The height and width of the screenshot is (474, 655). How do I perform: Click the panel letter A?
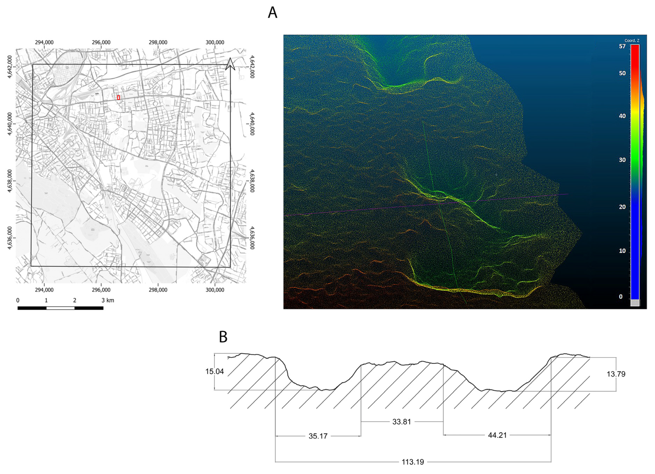click(272, 13)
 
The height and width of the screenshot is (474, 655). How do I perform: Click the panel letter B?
click(223, 337)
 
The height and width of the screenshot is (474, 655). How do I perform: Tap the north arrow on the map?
click(230, 64)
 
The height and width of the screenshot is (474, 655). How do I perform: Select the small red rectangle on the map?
click(118, 97)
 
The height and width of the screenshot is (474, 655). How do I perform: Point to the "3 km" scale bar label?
click(108, 300)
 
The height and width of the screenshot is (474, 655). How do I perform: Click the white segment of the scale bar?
click(60, 308)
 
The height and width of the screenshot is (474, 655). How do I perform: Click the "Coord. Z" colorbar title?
click(632, 40)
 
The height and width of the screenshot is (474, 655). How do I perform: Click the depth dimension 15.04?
click(215, 371)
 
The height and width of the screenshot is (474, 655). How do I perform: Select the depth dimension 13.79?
click(616, 374)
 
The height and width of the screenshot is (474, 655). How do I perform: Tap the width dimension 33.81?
click(401, 422)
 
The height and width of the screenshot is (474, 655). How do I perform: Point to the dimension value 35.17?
click(318, 436)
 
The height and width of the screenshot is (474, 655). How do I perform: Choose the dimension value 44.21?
click(497, 435)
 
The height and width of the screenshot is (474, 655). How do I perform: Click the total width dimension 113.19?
click(413, 462)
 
